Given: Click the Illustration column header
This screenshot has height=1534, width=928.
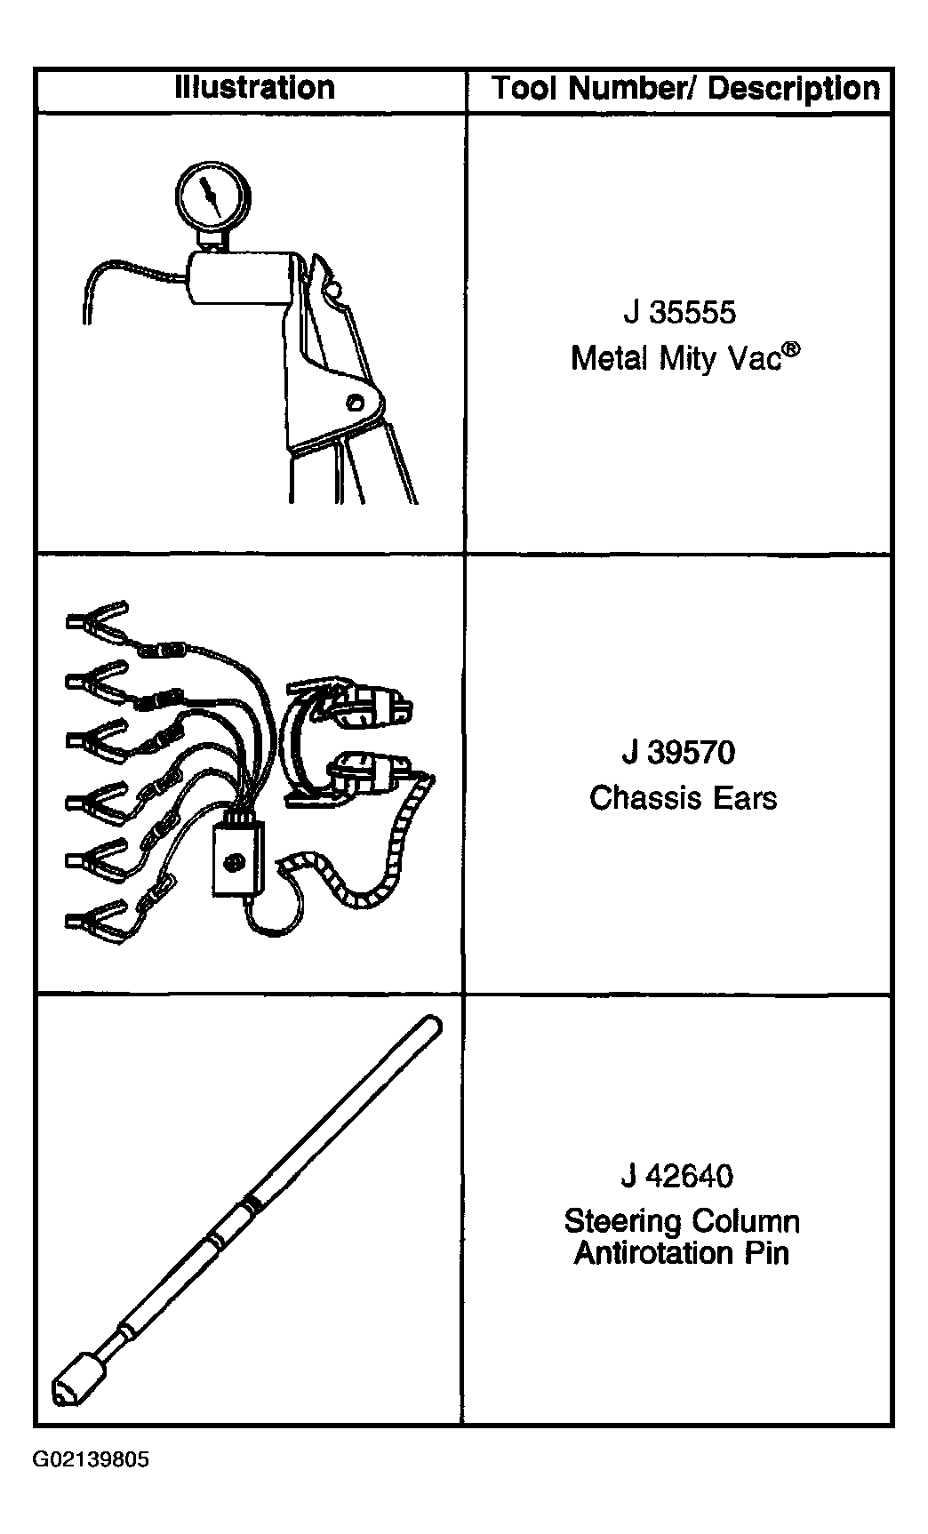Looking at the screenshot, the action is point(255,88).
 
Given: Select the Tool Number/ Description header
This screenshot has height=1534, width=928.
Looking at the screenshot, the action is point(685,88).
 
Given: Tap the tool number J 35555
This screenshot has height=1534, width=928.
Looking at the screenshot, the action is point(680,313).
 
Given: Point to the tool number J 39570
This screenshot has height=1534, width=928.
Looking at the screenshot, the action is point(679,753).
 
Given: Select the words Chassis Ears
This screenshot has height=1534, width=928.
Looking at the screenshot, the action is point(683,797).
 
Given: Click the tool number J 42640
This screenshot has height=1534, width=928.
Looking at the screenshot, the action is point(677,1176).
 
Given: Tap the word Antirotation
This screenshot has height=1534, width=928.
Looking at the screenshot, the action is point(642,1253).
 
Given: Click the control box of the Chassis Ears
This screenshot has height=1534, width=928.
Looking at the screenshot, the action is point(238,856).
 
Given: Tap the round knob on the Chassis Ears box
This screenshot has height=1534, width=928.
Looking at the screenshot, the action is point(236,861).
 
